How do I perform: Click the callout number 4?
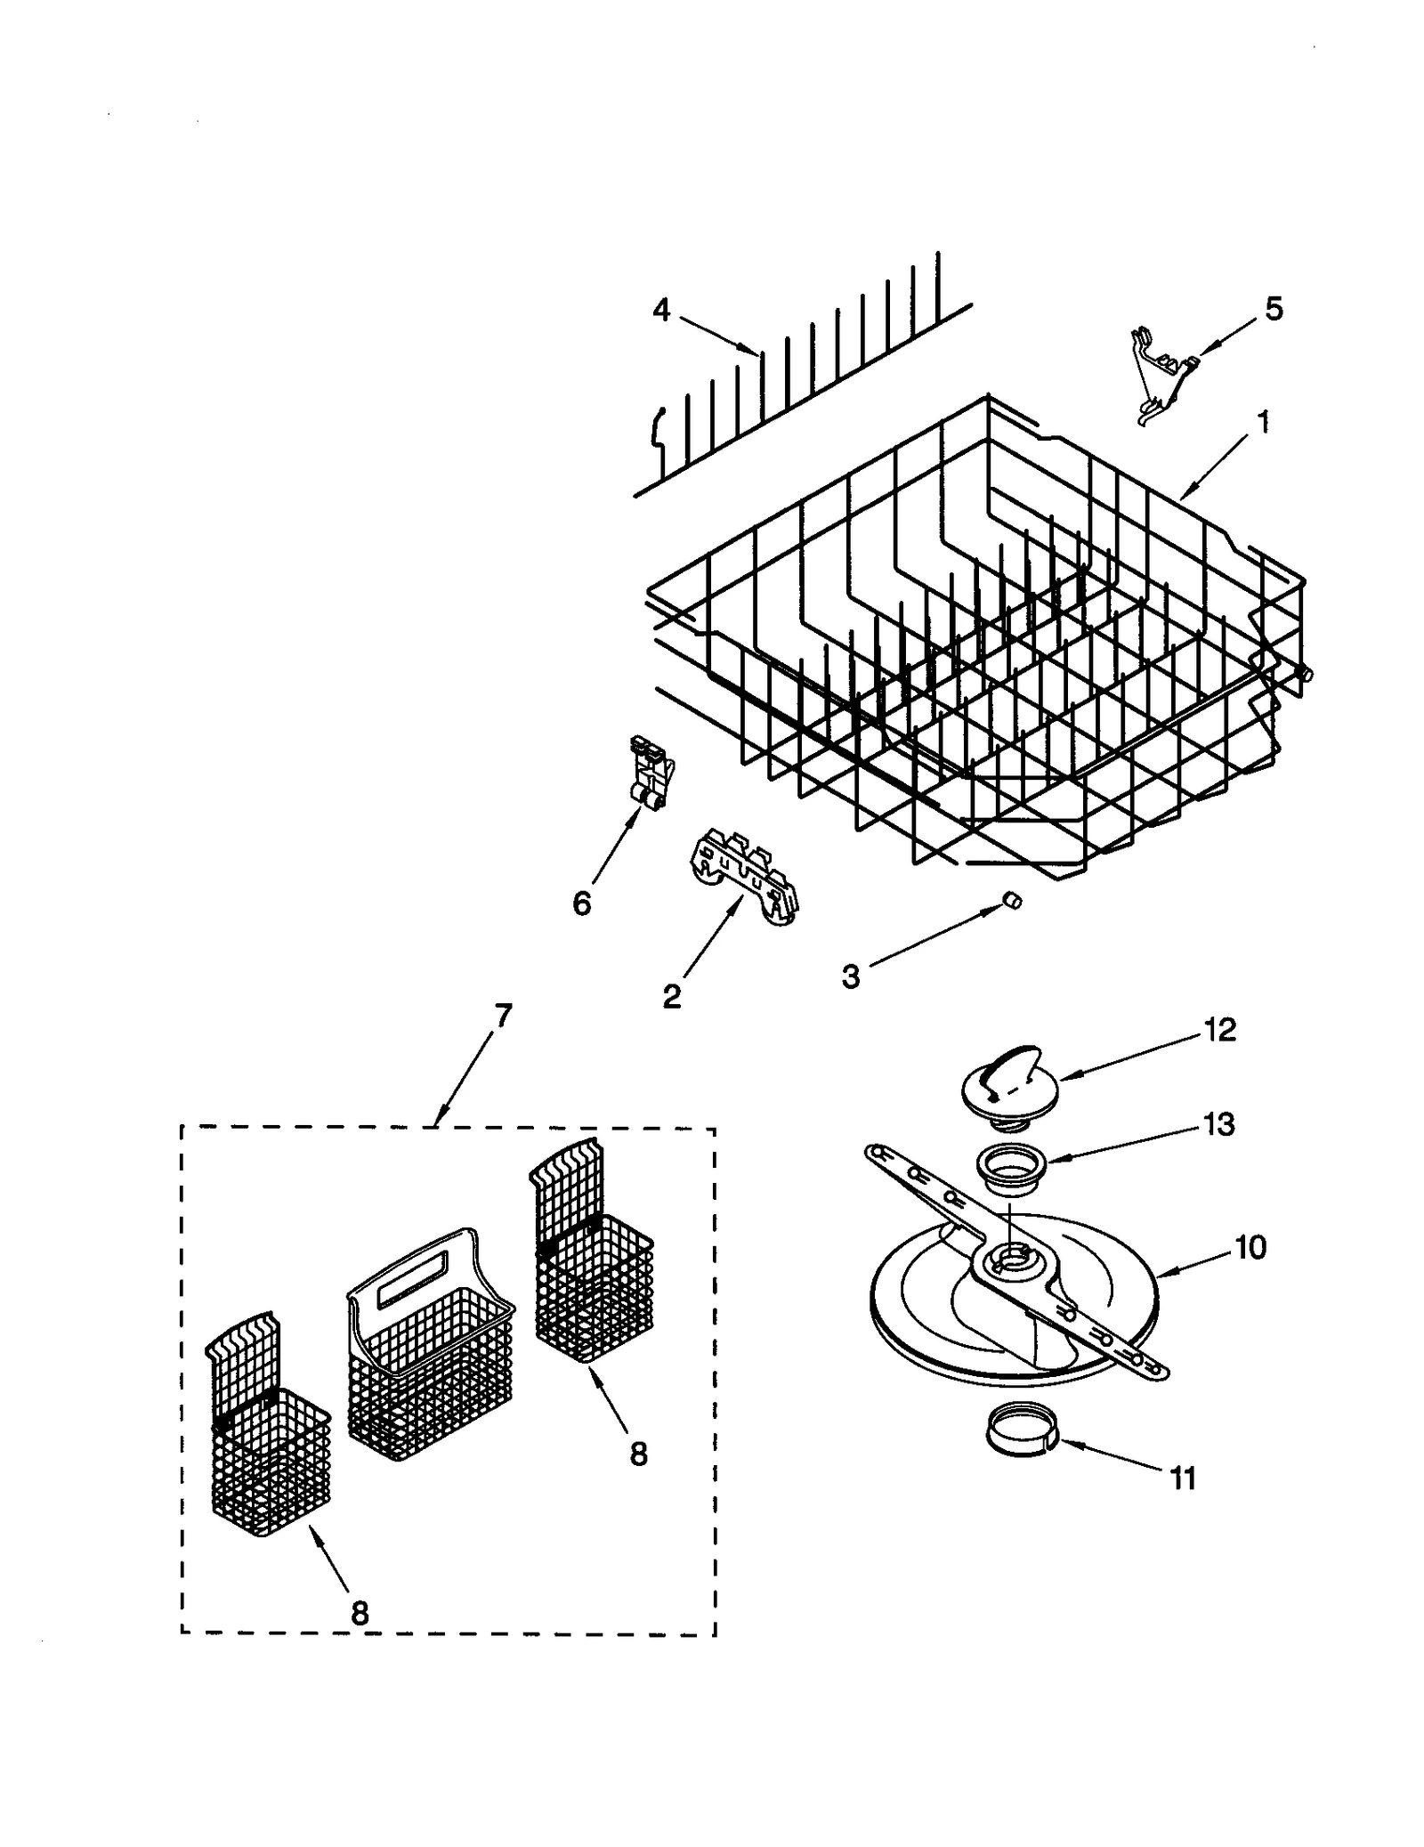(x=660, y=311)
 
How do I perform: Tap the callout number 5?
(x=1274, y=309)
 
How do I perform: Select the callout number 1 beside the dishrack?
(x=1262, y=421)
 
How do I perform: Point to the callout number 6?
(x=581, y=903)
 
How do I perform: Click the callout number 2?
(x=672, y=995)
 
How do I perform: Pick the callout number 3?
(x=851, y=976)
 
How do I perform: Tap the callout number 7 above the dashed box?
(x=503, y=1016)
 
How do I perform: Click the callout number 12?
(x=1219, y=1030)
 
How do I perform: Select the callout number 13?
(x=1218, y=1124)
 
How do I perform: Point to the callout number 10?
(x=1250, y=1247)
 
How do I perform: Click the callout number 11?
(x=1182, y=1478)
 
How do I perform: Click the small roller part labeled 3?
(x=1011, y=901)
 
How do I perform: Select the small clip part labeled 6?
(x=651, y=771)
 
